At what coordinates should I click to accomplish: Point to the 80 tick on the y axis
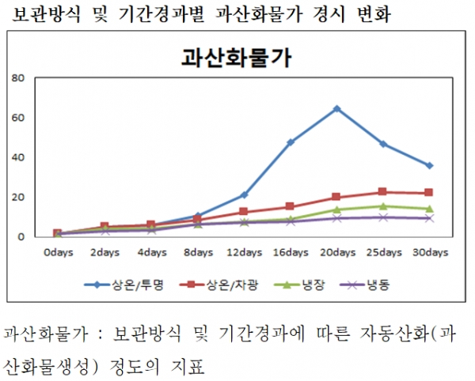point(18,78)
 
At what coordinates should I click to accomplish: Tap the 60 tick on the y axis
point(18,118)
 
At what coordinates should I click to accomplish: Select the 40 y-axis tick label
point(18,157)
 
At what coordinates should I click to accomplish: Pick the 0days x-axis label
point(57,253)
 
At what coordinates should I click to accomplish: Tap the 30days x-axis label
point(429,253)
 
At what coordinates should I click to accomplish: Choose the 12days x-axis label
point(244,253)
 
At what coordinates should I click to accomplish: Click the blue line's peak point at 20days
point(336,108)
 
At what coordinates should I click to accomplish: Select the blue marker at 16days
point(291,142)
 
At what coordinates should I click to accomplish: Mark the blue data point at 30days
point(429,165)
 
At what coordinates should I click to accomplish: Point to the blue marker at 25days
point(383,144)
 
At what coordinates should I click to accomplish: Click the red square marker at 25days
point(383,192)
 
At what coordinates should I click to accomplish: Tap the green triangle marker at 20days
point(336,209)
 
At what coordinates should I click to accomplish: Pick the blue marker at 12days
point(244,194)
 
